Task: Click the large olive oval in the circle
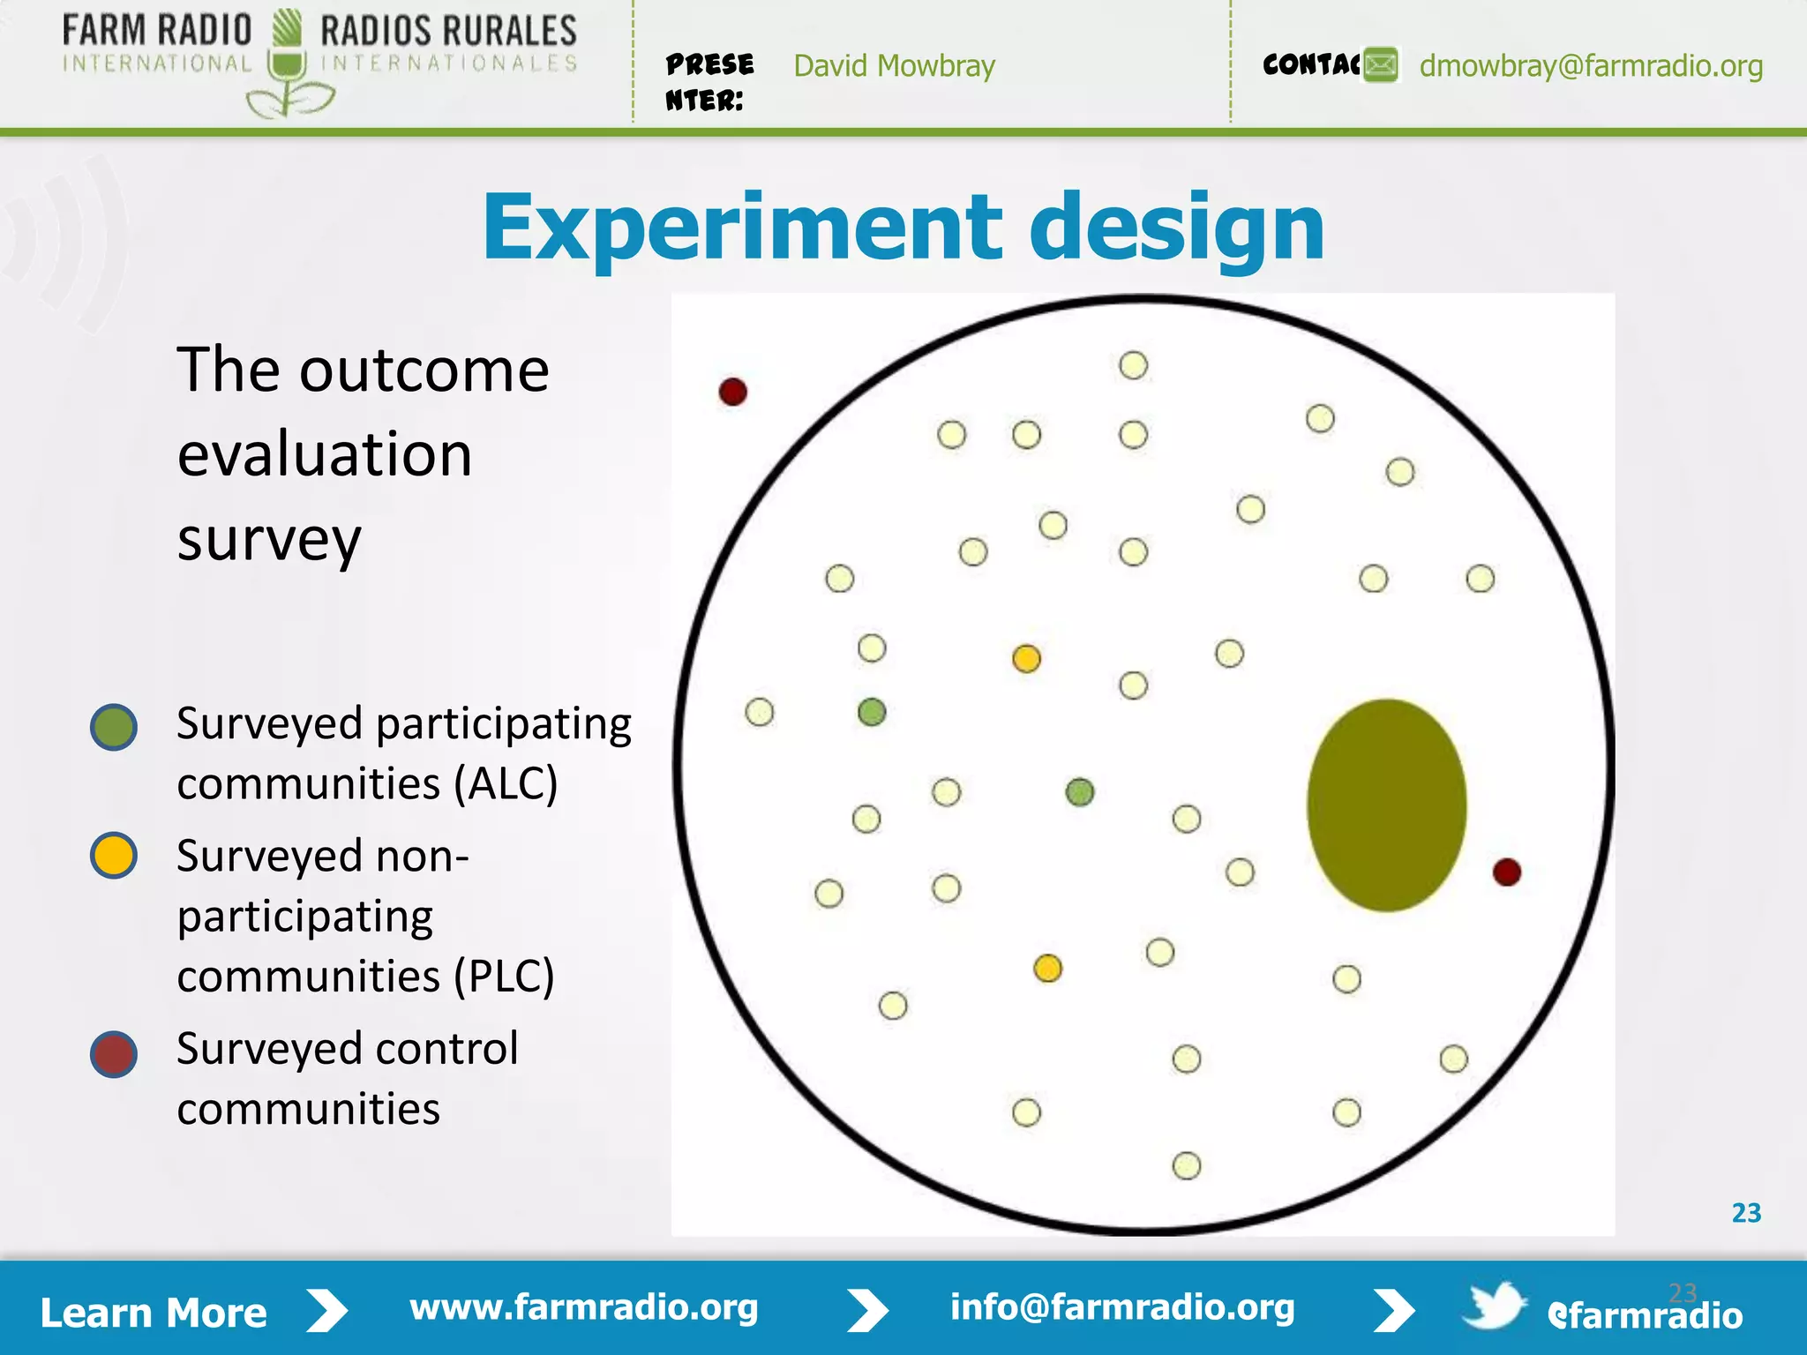(1386, 805)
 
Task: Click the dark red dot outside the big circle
(733, 392)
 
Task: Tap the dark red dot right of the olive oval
(1506, 872)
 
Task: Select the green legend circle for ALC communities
(114, 727)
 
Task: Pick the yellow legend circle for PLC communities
(114, 855)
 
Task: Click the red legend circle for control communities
(114, 1054)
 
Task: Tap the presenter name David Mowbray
(894, 66)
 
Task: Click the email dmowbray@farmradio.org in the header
(1591, 66)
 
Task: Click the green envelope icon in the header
(1381, 65)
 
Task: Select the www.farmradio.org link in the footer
(583, 1307)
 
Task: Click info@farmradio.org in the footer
(1122, 1307)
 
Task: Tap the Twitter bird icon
(1494, 1305)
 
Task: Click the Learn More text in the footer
(154, 1313)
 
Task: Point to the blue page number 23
(1746, 1213)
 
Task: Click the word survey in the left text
(269, 540)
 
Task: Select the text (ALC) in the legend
(506, 783)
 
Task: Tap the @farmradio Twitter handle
(1645, 1315)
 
